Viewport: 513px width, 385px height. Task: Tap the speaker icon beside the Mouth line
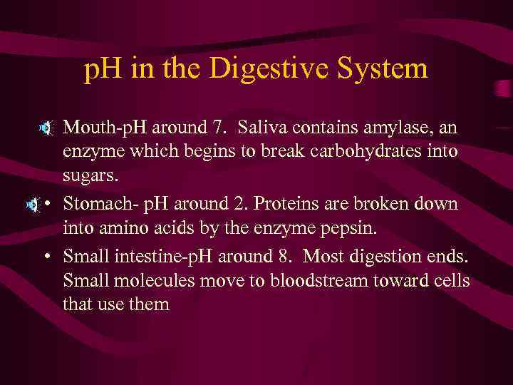[x=46, y=129]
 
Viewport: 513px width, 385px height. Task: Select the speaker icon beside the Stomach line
[x=33, y=205]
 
